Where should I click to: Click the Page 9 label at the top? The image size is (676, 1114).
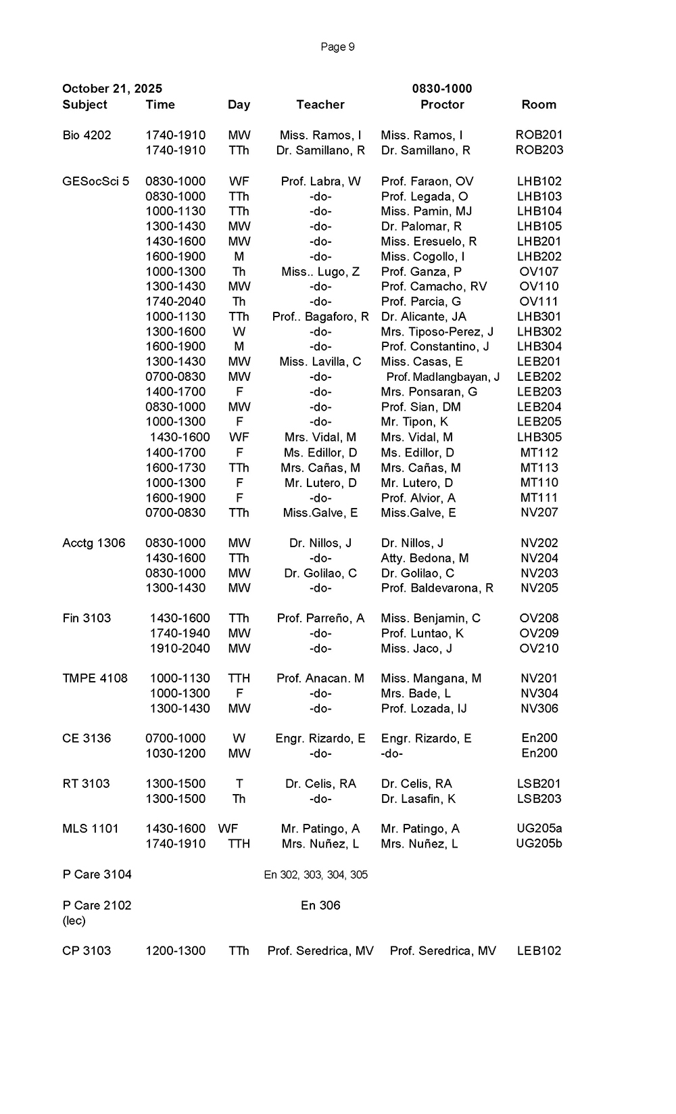point(337,47)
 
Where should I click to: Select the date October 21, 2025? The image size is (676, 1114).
point(112,89)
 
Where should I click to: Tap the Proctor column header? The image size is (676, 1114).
point(442,105)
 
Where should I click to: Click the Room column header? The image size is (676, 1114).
point(539,105)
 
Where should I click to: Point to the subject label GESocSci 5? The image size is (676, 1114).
point(95,181)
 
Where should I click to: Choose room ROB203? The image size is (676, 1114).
point(539,150)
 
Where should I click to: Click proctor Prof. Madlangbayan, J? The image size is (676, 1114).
point(443,377)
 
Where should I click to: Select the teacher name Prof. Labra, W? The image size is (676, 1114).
point(320,181)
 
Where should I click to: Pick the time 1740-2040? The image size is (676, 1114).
point(176,302)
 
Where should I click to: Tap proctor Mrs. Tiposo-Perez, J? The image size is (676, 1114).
point(437,331)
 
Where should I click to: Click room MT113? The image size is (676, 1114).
point(539,467)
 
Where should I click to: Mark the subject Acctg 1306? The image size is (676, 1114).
point(94,543)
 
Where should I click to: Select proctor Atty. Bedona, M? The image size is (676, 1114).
point(425,558)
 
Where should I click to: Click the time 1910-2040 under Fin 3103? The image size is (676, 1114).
point(180,649)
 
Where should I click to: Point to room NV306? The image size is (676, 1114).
point(539,709)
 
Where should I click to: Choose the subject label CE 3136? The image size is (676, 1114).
point(87,739)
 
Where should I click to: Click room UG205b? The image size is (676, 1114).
point(539,844)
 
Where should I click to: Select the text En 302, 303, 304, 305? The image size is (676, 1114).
point(316,875)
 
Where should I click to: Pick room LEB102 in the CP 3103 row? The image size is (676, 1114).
point(539,951)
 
